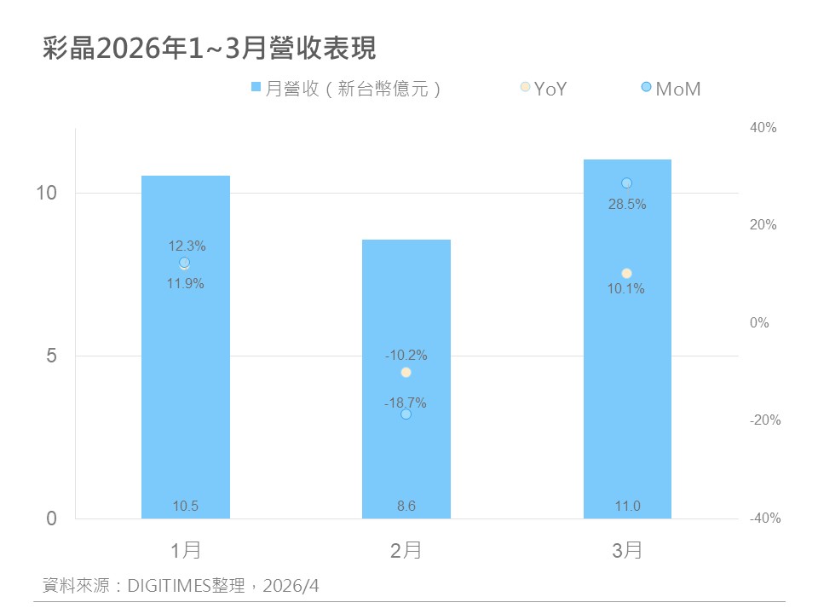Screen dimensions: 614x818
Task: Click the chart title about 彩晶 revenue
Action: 209,49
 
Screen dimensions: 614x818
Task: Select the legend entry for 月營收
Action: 345,88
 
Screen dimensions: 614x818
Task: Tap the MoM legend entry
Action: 671,88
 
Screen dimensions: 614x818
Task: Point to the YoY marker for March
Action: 626,273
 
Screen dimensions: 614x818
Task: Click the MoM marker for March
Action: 626,182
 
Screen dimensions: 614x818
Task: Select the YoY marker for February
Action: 406,372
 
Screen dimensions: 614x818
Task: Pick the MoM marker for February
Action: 406,414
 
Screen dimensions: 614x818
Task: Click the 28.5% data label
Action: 626,205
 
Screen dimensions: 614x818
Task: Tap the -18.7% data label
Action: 406,403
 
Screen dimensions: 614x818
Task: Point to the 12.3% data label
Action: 187,246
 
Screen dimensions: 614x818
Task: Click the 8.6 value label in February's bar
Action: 406,507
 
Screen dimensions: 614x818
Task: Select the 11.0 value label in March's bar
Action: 627,507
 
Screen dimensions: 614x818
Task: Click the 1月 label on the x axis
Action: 186,551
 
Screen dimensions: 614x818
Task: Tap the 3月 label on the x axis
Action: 627,551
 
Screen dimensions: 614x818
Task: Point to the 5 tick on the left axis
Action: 50,356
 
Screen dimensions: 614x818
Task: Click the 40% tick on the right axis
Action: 763,128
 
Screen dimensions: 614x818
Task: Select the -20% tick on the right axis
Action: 764,420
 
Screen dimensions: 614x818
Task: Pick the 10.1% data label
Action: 626,289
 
